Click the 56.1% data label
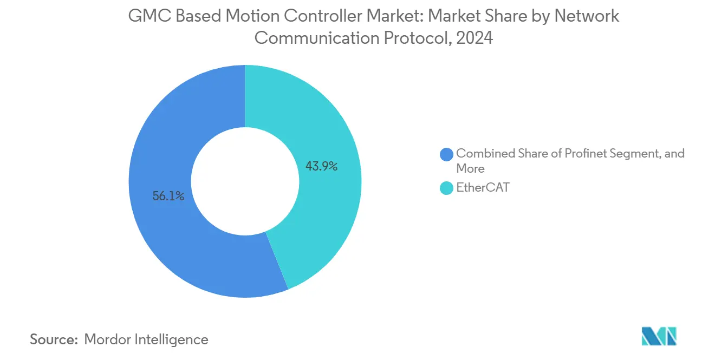click(168, 197)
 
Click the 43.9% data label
click(321, 166)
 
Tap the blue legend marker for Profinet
click(447, 154)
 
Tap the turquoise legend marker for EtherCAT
click(447, 188)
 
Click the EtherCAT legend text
click(483, 188)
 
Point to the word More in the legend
click(470, 168)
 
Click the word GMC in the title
click(144, 16)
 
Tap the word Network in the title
click(588, 16)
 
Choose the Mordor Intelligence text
click(146, 339)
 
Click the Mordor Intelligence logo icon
click(659, 337)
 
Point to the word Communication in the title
click(310, 38)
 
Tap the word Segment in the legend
click(637, 154)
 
